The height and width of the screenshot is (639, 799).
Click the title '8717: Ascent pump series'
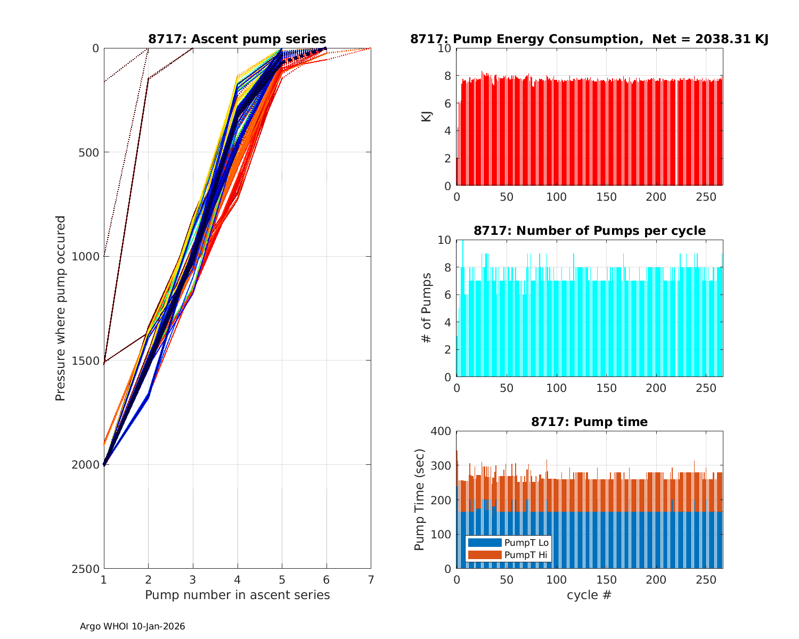point(237,39)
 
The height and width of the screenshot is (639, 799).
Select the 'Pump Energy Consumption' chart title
point(589,39)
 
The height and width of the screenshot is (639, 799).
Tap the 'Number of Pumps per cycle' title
point(589,231)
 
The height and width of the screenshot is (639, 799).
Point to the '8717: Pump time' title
point(589,422)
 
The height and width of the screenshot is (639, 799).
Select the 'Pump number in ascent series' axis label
point(237,595)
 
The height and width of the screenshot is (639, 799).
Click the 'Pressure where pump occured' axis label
point(60,308)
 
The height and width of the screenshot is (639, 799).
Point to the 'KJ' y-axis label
point(426,117)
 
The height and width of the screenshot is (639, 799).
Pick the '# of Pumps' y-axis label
point(426,308)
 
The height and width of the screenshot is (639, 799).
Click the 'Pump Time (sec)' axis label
point(419,500)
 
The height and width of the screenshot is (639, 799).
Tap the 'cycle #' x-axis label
point(589,595)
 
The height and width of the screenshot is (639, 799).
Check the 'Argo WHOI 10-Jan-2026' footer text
point(132,627)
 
